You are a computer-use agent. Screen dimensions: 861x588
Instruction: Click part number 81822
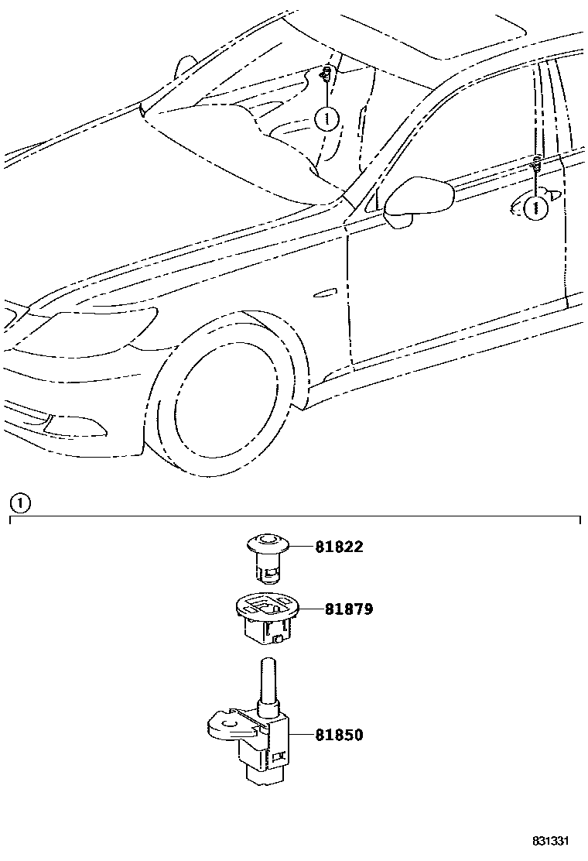(x=338, y=547)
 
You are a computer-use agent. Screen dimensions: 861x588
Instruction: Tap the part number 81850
(x=338, y=735)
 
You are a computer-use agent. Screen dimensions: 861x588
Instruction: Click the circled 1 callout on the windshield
(x=327, y=119)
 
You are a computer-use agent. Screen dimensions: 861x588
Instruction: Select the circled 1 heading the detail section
(x=19, y=503)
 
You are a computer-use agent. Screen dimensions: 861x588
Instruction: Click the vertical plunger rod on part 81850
(x=268, y=681)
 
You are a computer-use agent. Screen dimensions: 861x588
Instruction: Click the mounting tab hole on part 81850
(x=227, y=726)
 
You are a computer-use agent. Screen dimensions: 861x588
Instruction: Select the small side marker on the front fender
(x=325, y=293)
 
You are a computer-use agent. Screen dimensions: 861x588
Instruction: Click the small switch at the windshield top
(x=327, y=75)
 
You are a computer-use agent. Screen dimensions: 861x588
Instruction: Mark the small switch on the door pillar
(x=535, y=163)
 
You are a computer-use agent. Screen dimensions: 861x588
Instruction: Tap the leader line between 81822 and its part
(x=301, y=547)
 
